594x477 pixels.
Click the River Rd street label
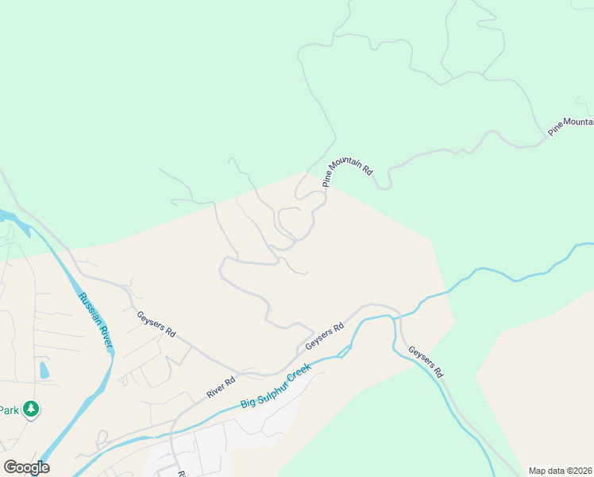pyautogui.click(x=221, y=386)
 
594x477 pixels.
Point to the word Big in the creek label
pyautogui.click(x=249, y=402)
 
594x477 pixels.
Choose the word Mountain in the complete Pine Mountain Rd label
pyautogui.click(x=346, y=163)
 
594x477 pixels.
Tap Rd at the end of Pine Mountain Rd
pyautogui.click(x=368, y=169)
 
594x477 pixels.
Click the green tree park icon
pyautogui.click(x=31, y=409)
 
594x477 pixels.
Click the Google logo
pyautogui.click(x=26, y=467)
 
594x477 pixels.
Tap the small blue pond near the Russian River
pyautogui.click(x=44, y=370)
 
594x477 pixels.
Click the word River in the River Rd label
pyautogui.click(x=215, y=390)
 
